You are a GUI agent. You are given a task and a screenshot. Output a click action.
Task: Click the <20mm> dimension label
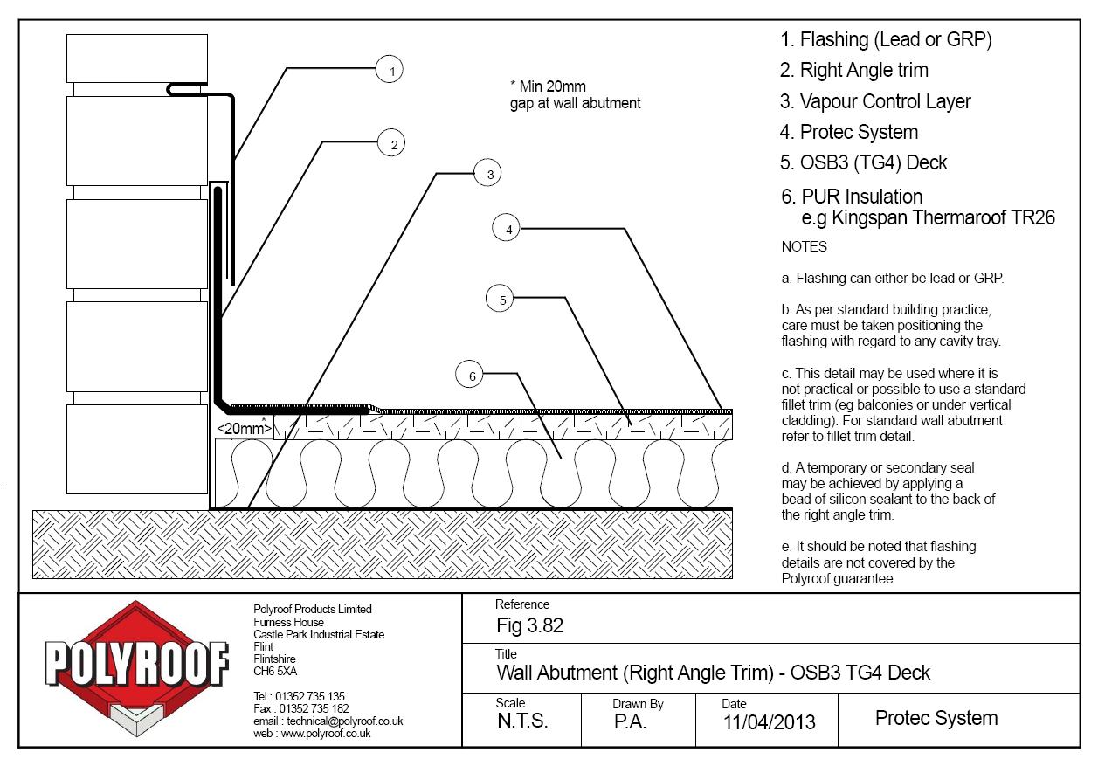244,428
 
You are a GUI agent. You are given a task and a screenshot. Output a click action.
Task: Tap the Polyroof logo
137,668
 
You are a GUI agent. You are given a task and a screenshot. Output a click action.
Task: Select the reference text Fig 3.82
530,625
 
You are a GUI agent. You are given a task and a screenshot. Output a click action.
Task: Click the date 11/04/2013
769,722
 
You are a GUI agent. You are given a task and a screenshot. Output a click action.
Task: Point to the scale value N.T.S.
522,721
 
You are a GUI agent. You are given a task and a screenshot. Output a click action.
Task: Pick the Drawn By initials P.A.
631,721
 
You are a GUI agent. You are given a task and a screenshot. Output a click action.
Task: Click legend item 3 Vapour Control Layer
875,101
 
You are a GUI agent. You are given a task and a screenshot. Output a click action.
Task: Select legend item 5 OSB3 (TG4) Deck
864,162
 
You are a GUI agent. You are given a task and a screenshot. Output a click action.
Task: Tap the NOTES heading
804,246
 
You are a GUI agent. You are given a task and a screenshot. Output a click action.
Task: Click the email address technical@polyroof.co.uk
344,721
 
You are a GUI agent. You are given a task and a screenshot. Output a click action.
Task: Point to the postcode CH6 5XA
275,671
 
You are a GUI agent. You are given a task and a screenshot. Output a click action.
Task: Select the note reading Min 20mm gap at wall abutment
575,94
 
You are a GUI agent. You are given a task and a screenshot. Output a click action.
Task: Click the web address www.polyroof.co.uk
326,733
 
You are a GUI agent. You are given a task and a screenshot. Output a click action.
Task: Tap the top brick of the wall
137,59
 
